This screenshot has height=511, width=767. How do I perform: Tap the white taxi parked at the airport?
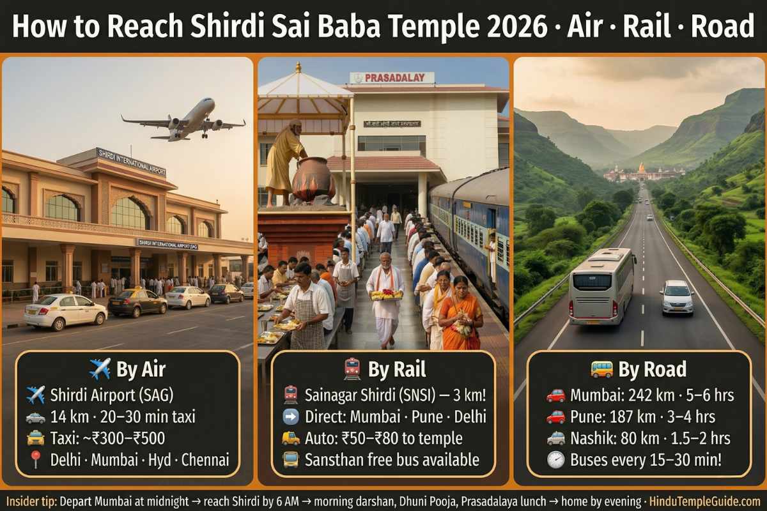pyautogui.click(x=65, y=311)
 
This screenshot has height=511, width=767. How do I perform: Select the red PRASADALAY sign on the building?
pyautogui.click(x=392, y=78)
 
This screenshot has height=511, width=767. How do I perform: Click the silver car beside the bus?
pyautogui.click(x=677, y=297)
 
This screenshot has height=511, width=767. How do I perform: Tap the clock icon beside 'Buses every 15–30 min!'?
pyautogui.click(x=555, y=459)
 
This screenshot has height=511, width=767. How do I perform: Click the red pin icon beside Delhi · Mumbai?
pyautogui.click(x=35, y=459)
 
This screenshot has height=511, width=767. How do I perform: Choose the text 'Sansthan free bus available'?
pyautogui.click(x=392, y=459)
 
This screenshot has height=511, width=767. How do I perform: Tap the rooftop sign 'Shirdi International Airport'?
pyautogui.click(x=130, y=162)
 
